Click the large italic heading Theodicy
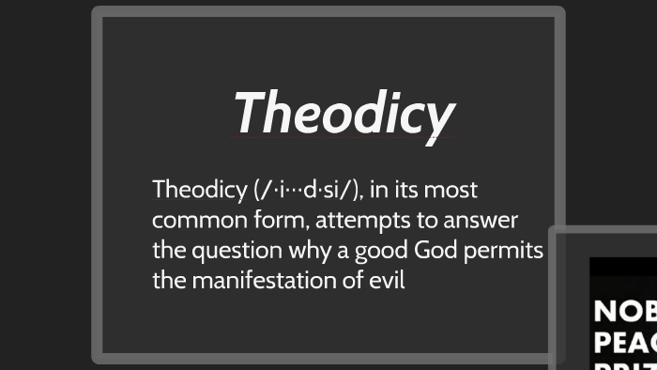click(344, 113)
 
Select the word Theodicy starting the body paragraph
click(199, 191)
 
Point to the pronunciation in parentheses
click(307, 191)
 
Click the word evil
click(387, 280)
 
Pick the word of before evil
click(352, 280)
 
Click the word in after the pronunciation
click(378, 191)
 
